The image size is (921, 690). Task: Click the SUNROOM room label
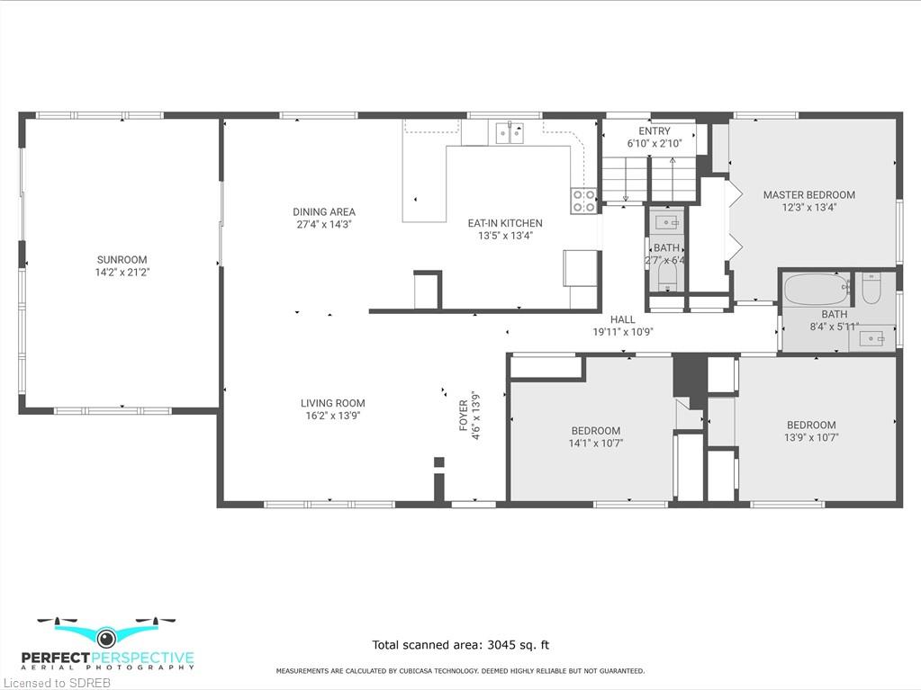click(x=122, y=259)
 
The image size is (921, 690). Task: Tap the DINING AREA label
click(x=324, y=211)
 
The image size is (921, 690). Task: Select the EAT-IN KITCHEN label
click(x=505, y=223)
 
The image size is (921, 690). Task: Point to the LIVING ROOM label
click(x=333, y=403)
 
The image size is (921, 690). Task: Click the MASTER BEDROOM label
click(x=809, y=195)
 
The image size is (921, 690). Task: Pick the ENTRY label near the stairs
click(x=655, y=130)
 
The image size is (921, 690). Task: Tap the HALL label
click(x=623, y=319)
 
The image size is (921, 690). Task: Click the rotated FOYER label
click(x=464, y=416)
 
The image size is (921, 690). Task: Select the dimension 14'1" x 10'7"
click(x=596, y=444)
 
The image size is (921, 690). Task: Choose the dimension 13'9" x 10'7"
click(x=811, y=438)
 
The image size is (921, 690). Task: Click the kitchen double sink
click(x=510, y=132)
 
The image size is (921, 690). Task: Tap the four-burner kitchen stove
click(x=584, y=201)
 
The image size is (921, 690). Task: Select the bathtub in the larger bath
click(x=817, y=290)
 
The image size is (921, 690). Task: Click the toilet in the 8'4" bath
click(x=871, y=288)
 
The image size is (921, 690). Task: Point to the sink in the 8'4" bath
click(x=871, y=339)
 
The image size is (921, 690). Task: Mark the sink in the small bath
click(x=667, y=222)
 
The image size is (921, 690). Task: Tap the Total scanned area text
click(x=461, y=645)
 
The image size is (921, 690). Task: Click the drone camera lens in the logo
click(x=106, y=637)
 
